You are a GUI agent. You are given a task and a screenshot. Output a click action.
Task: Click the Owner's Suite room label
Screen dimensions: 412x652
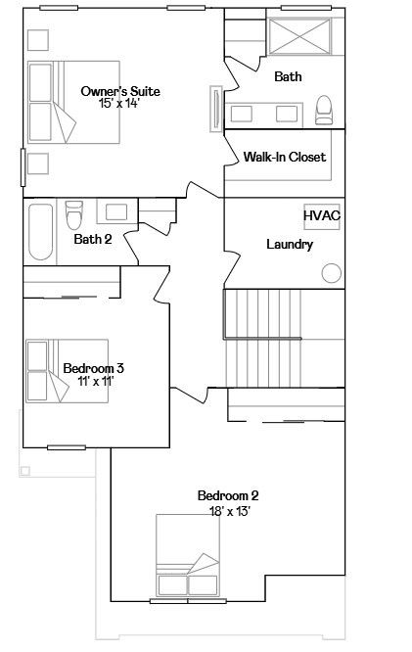[120, 91]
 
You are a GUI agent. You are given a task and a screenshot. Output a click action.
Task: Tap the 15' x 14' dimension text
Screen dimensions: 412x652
[118, 104]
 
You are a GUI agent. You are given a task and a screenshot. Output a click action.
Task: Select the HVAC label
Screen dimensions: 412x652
[322, 215]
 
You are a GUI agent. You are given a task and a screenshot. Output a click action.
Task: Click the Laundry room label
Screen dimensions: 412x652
[290, 244]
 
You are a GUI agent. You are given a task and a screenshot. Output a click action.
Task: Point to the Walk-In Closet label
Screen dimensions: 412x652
[285, 157]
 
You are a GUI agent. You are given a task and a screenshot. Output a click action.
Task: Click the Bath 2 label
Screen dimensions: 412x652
[93, 239]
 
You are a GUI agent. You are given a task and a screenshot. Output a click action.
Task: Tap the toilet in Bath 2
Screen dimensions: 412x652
[74, 214]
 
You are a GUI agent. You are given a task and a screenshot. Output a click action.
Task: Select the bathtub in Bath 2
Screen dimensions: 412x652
[41, 232]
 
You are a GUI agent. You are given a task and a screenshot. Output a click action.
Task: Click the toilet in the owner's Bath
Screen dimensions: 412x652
[324, 111]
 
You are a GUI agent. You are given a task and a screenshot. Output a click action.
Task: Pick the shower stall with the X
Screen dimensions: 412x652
[299, 36]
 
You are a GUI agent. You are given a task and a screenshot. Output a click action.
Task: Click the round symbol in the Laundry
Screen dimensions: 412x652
[332, 273]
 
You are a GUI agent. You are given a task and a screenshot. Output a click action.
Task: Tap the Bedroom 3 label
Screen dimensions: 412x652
[94, 368]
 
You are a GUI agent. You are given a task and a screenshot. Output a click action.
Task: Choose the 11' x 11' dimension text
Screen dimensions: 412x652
[96, 381]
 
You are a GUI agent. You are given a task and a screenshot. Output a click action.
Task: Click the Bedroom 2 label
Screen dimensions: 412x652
[228, 495]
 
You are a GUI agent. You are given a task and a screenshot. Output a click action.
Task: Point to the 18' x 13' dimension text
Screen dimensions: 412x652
[230, 511]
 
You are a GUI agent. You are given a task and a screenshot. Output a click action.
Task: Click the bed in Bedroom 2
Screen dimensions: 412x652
[188, 555]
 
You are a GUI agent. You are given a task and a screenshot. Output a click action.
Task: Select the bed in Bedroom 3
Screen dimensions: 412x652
[67, 371]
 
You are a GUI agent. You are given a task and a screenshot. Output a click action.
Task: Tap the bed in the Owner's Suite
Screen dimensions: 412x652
[74, 102]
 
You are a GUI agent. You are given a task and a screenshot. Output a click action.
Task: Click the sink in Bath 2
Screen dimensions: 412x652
[116, 212]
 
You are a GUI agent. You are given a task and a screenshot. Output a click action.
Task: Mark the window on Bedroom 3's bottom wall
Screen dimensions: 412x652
[67, 447]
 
